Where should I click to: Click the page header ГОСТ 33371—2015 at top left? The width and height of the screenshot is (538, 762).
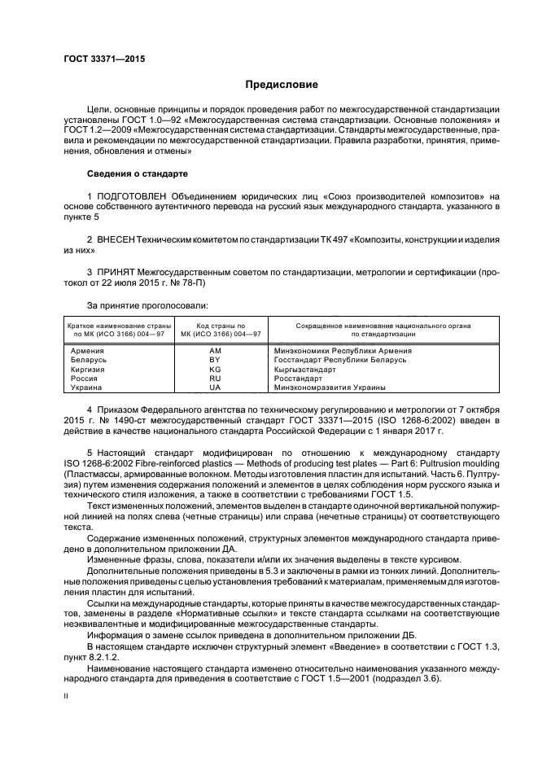pos(99,59)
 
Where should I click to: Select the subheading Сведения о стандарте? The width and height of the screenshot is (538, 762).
pos(137,173)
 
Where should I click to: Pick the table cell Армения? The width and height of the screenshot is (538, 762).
pos(88,350)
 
